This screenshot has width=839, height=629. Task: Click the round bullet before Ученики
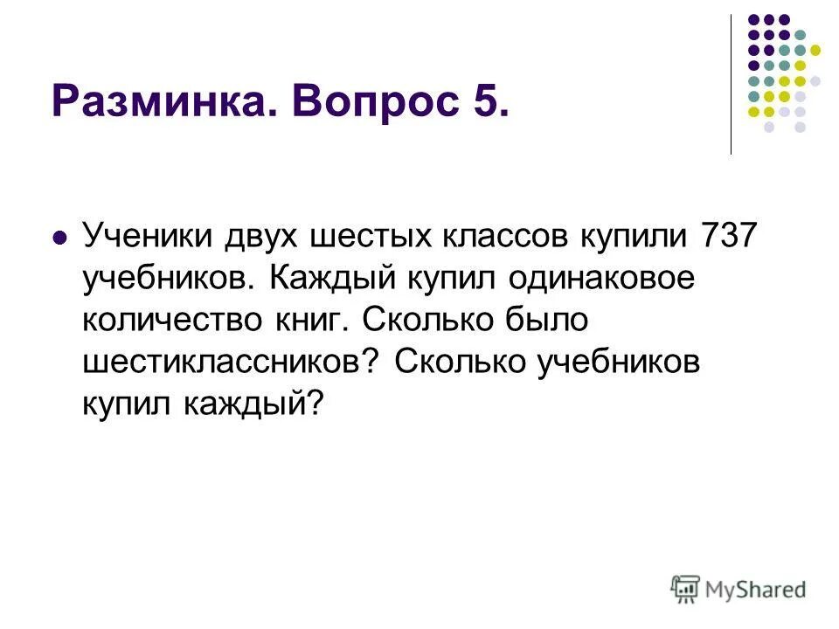[60, 237]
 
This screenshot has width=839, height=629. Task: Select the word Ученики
[146, 236]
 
